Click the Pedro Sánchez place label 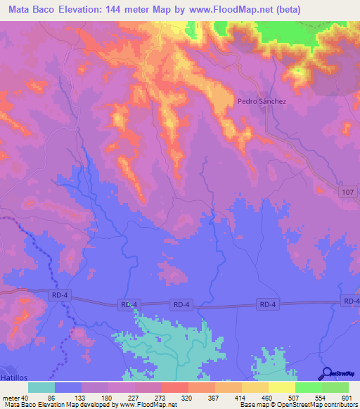pyautogui.click(x=262, y=101)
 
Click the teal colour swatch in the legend pyautogui.click(x=41, y=387)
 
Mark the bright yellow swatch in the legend pyautogui.click(x=281, y=387)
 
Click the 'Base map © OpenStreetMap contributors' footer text pyautogui.click(x=298, y=405)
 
